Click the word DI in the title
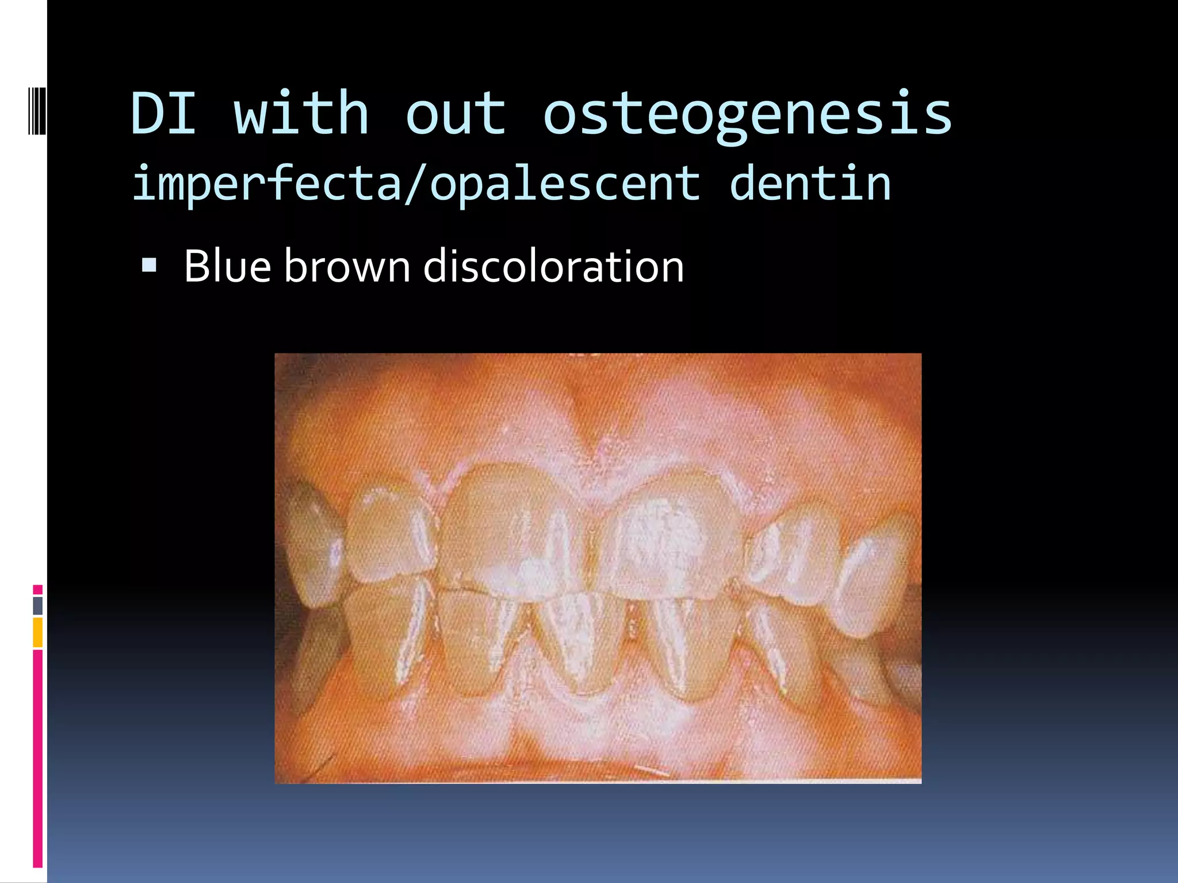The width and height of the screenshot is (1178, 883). pyautogui.click(x=164, y=113)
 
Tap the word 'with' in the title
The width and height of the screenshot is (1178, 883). pyautogui.click(x=301, y=113)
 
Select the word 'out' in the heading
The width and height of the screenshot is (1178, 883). pyautogui.click(x=456, y=113)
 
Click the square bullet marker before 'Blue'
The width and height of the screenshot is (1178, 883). pyautogui.click(x=149, y=265)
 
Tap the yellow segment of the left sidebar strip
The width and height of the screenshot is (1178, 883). pyautogui.click(x=38, y=632)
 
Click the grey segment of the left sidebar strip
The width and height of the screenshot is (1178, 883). pyautogui.click(x=38, y=605)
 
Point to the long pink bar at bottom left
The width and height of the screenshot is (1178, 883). pyautogui.click(x=38, y=759)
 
